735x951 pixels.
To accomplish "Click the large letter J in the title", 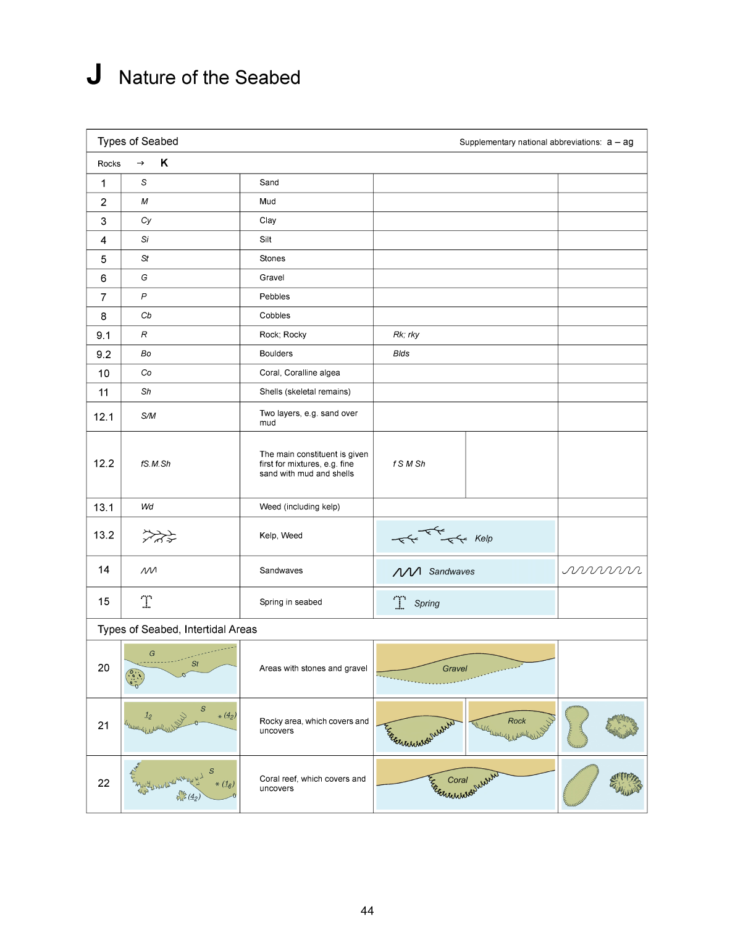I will [x=94, y=75].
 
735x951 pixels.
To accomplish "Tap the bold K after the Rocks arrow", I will [x=164, y=163].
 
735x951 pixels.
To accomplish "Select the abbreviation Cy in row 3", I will [x=146, y=220].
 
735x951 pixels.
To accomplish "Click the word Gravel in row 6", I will [x=272, y=278].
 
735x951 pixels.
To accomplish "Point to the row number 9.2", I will [x=104, y=354].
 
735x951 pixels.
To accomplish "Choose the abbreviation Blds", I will [x=401, y=354].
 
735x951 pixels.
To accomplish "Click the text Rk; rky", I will [x=406, y=335].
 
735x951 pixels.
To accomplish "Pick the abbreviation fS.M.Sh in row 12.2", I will [x=156, y=464].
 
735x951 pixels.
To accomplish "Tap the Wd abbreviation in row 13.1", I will [x=147, y=507].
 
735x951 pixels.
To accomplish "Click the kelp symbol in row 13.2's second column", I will [x=159, y=536].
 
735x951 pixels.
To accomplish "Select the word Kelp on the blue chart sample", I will [x=484, y=538].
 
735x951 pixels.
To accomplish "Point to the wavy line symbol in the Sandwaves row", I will [x=602, y=571].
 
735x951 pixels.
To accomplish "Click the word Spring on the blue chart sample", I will [x=427, y=603].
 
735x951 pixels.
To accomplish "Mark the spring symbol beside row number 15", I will [x=146, y=601].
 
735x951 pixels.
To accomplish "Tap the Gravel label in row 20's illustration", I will [x=455, y=669].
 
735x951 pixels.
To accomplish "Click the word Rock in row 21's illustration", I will [x=516, y=721].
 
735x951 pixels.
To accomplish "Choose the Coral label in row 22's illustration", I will [x=458, y=780].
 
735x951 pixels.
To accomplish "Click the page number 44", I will [x=367, y=911].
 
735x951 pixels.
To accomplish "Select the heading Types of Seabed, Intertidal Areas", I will [x=177, y=629].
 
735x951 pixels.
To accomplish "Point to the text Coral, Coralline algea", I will [x=300, y=373].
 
